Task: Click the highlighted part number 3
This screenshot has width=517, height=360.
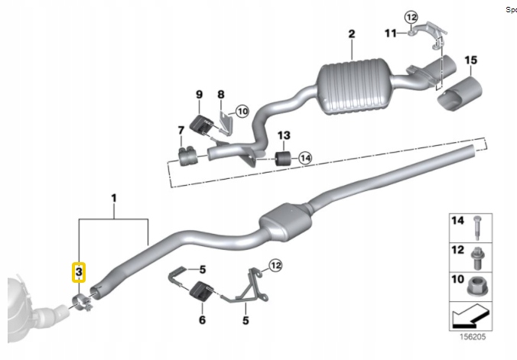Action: (79, 271)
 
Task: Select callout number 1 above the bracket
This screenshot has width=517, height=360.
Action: (113, 199)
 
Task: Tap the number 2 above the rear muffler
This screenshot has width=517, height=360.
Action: (352, 34)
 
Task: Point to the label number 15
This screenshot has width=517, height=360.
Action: (470, 60)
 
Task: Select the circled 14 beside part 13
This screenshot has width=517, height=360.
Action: (305, 158)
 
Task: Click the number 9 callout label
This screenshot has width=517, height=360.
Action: (198, 94)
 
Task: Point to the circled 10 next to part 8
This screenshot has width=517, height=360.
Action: (242, 112)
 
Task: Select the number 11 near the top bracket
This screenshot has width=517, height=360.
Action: (390, 33)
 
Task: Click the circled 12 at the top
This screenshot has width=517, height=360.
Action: (411, 15)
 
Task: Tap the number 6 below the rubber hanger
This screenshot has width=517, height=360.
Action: (202, 320)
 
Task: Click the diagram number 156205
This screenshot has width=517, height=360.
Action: (471, 334)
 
